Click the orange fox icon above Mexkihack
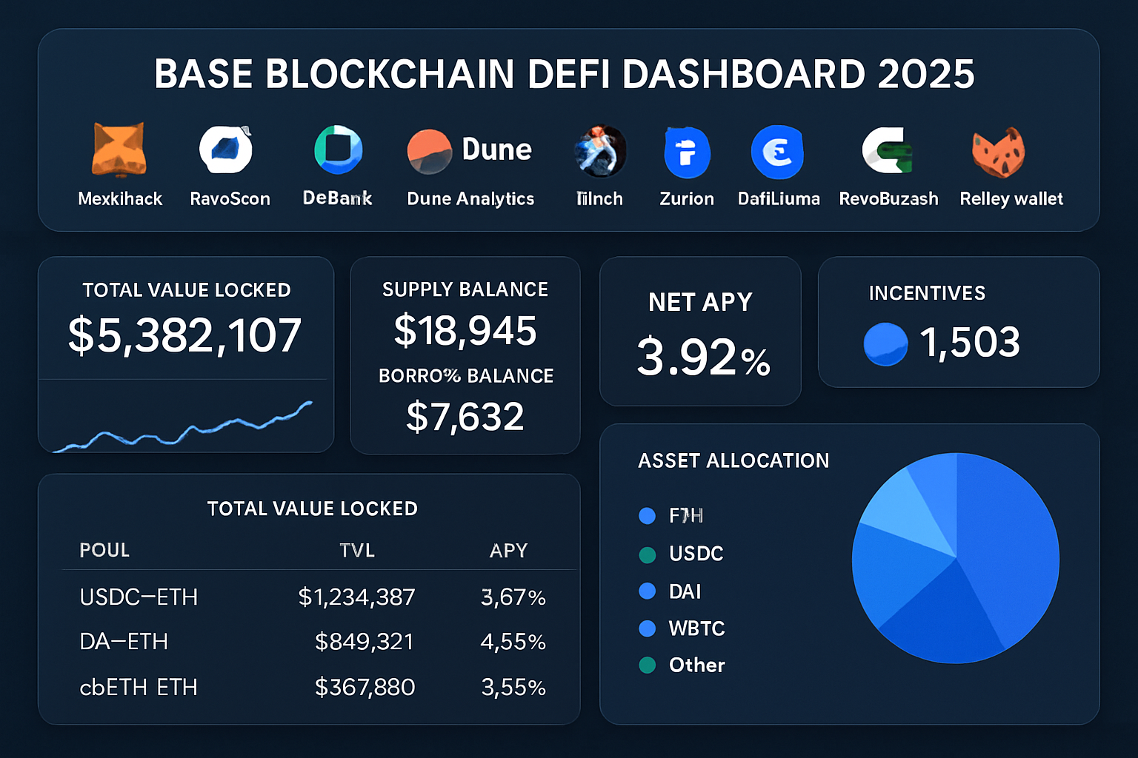(119, 150)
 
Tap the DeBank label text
(337, 198)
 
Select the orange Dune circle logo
(429, 152)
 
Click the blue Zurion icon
(687, 152)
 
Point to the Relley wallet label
(1011, 198)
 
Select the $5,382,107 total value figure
(184, 335)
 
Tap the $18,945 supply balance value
(465, 330)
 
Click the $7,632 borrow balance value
(465, 416)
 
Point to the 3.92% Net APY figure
(703, 357)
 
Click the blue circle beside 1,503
(885, 344)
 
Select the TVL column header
(357, 550)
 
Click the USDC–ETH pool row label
(139, 597)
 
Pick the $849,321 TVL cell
(364, 641)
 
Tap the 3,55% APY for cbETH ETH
(513, 687)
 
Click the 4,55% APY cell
(513, 641)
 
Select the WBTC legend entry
(696, 628)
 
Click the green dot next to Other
(647, 665)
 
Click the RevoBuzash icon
(888, 150)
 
